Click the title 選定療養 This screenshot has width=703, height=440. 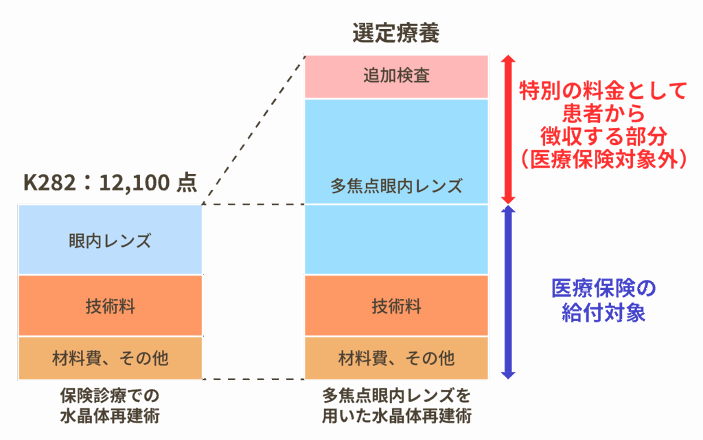click(x=395, y=33)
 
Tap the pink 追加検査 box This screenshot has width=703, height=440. click(x=396, y=76)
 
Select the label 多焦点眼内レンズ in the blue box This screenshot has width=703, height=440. click(x=396, y=186)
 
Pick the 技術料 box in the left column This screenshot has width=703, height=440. click(x=110, y=306)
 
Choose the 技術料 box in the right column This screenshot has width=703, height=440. click(x=396, y=306)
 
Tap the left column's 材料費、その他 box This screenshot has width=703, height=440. click(x=110, y=358)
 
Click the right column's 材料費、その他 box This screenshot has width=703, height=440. click(x=396, y=358)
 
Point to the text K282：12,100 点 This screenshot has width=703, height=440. click(x=110, y=183)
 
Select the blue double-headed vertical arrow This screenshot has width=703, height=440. click(x=507, y=291)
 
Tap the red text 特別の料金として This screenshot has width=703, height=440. click(x=603, y=90)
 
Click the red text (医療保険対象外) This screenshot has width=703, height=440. click(x=603, y=159)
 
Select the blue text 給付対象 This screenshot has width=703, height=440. click(x=603, y=313)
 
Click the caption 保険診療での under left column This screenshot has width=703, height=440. click(x=110, y=396)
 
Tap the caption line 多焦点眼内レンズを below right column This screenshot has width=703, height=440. click(x=396, y=396)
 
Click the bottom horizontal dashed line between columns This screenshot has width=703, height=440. click(x=254, y=379)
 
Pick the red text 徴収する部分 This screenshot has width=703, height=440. click(x=603, y=135)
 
